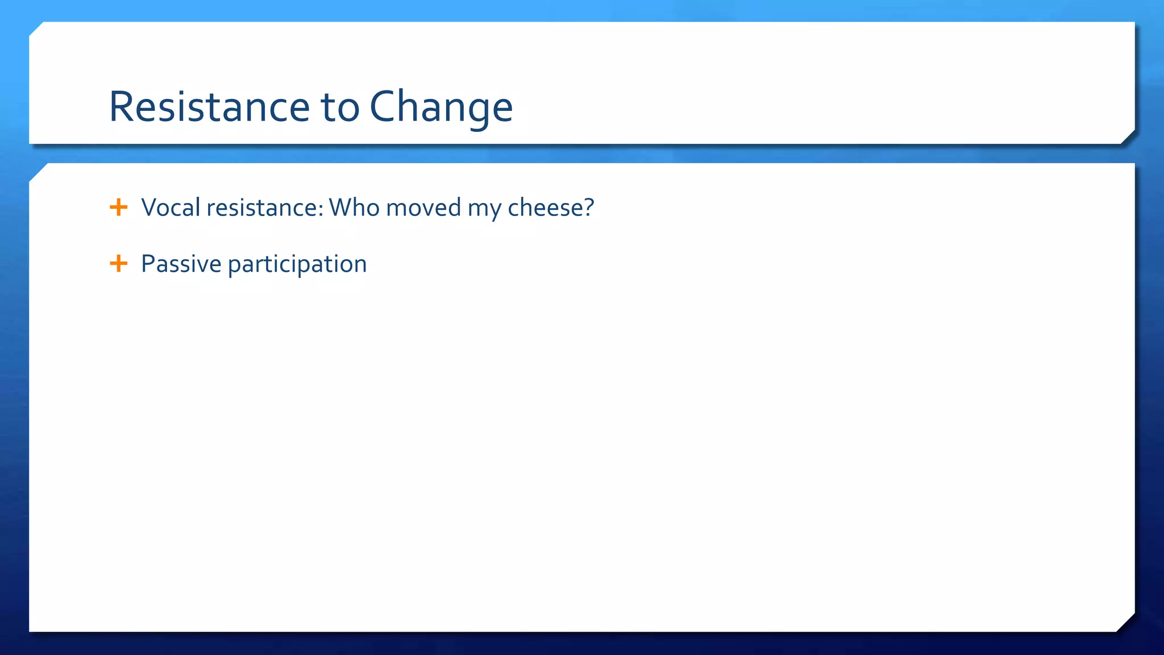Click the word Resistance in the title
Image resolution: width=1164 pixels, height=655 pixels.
(x=209, y=107)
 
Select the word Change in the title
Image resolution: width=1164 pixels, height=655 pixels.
(x=441, y=107)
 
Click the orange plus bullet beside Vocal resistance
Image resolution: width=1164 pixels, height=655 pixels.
(x=118, y=207)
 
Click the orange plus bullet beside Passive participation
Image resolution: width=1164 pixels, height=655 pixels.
(x=118, y=263)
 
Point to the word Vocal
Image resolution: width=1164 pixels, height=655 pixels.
(x=171, y=208)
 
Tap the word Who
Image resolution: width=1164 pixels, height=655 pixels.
(x=354, y=208)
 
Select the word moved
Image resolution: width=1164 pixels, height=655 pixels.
(x=423, y=208)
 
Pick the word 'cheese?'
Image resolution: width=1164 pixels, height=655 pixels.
(x=550, y=208)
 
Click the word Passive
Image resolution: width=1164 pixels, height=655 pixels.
(x=181, y=264)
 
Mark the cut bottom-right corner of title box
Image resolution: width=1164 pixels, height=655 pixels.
(x=1128, y=137)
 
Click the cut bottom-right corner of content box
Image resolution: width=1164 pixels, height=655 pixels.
(x=1126, y=623)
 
